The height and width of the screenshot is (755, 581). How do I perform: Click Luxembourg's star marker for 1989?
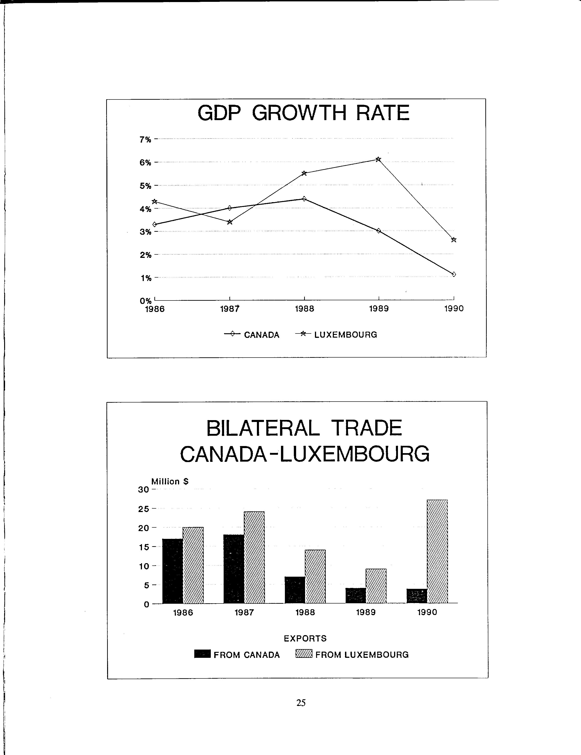(x=378, y=159)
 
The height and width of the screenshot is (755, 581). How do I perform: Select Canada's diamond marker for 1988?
(x=304, y=199)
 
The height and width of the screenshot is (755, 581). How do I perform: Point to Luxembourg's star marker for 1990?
(x=454, y=240)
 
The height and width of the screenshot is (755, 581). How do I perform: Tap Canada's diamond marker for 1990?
(x=454, y=274)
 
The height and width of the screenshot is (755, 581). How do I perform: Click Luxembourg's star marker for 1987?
(x=230, y=222)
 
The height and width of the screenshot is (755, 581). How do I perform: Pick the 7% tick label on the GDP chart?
(x=145, y=140)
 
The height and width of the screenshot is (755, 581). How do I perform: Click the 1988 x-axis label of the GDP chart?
(x=304, y=309)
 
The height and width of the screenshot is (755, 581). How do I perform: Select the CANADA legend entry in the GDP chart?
(x=252, y=334)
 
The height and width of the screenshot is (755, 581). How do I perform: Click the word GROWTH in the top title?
(x=299, y=113)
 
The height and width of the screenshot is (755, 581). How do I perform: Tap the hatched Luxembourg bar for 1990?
(x=437, y=551)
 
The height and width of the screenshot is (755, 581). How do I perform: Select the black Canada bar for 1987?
(x=234, y=569)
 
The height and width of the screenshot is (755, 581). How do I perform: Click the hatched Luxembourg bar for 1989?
(x=376, y=586)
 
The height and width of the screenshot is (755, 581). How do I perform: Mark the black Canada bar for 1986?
(x=172, y=571)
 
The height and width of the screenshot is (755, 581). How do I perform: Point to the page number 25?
(x=301, y=703)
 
